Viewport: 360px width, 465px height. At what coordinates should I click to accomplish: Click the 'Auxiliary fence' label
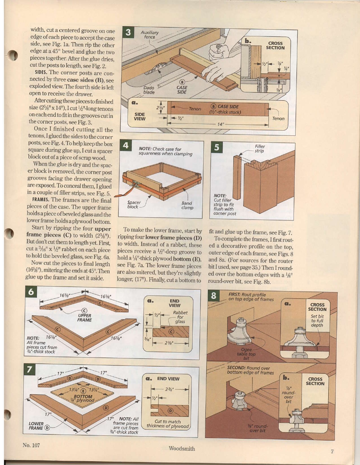(x=150, y=35)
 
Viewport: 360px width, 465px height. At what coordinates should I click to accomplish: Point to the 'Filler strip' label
(x=259, y=148)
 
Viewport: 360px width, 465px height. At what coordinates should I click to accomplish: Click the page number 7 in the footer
(x=332, y=451)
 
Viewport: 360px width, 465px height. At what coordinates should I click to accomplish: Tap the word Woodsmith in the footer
(x=181, y=448)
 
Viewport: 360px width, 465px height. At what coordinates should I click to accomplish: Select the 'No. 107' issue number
(x=31, y=445)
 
